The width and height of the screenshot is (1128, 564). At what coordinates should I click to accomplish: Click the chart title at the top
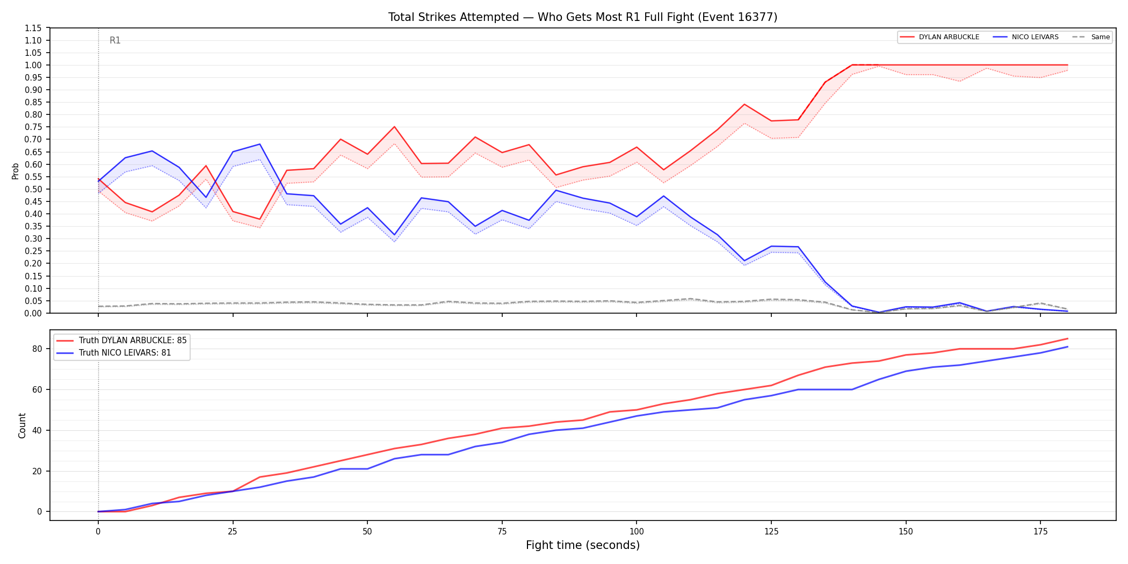click(583, 17)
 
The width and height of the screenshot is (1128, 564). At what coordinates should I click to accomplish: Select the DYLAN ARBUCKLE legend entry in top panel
click(939, 37)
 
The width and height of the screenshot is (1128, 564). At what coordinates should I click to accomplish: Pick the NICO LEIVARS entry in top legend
click(1025, 37)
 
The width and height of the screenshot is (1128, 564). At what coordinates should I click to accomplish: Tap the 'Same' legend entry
click(1091, 37)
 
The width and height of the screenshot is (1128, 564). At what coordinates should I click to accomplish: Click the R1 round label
click(115, 40)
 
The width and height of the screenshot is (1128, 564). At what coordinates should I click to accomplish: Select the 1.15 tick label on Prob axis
click(33, 28)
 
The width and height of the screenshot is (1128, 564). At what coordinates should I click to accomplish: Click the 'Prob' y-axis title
click(16, 171)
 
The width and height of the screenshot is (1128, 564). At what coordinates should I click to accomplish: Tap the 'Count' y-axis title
click(22, 425)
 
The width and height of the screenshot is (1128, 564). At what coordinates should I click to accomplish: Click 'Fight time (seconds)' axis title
click(583, 545)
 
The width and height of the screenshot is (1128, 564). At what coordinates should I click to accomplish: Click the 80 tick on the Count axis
click(37, 349)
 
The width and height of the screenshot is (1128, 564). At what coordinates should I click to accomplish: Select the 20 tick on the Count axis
click(37, 471)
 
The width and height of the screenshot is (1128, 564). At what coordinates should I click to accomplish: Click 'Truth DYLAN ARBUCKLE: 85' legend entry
click(122, 341)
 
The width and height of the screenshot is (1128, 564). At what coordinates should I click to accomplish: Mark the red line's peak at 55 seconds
click(394, 127)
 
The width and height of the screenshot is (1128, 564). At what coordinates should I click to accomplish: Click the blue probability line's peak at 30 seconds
click(260, 144)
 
